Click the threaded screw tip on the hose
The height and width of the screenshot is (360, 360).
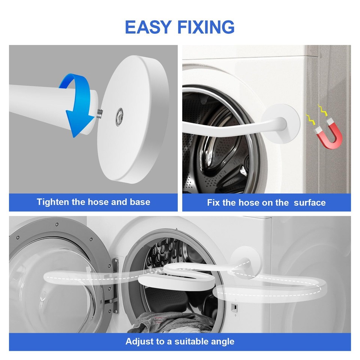pos(100,111)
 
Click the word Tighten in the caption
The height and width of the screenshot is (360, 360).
pos(52,202)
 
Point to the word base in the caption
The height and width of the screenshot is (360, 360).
pos(140,202)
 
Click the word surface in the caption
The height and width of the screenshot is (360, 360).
pos(310,203)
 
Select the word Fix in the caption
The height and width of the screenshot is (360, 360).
pos(213,203)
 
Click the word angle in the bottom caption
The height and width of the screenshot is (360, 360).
pos(223,342)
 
